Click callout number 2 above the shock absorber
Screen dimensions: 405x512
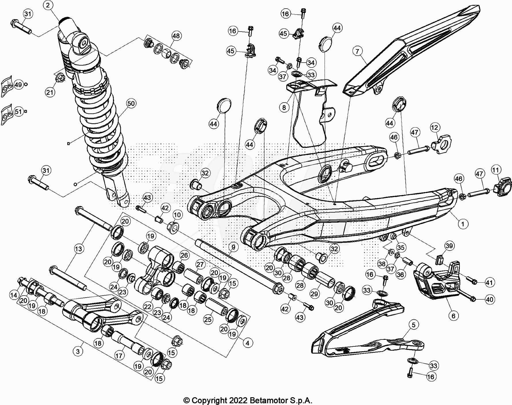pyautogui.click(x=48, y=5)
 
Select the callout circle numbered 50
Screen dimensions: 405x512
pyautogui.click(x=131, y=103)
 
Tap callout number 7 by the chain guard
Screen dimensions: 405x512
pyautogui.click(x=357, y=51)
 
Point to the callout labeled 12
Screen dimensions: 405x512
pyautogui.click(x=434, y=128)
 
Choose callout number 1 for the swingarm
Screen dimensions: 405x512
pyautogui.click(x=463, y=224)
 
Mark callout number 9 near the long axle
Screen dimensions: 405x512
pyautogui.click(x=233, y=247)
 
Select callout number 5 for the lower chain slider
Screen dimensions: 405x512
pyautogui.click(x=413, y=325)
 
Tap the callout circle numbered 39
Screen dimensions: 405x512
pyautogui.click(x=449, y=246)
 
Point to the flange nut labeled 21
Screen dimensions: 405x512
pyautogui.click(x=60, y=78)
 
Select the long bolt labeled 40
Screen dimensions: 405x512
pyautogui.click(x=464, y=295)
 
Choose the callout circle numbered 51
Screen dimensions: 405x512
pyautogui.click(x=18, y=111)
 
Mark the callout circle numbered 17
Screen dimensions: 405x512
pyautogui.click(x=119, y=356)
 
